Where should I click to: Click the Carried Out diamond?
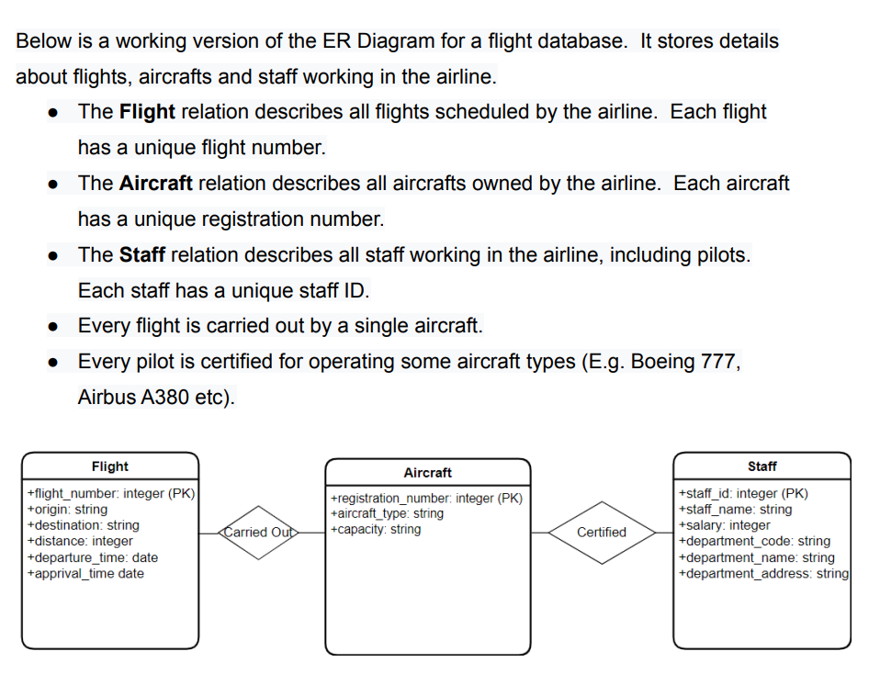(258, 532)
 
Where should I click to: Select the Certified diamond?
(602, 532)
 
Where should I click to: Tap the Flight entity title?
(110, 466)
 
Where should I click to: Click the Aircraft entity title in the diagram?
(427, 472)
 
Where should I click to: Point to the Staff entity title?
(762, 466)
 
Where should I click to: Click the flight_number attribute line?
(111, 493)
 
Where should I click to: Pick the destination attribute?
(84, 525)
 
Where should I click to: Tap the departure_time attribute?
(93, 557)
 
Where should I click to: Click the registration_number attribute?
(425, 498)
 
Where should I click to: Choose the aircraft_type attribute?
(386, 513)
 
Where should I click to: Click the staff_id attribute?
(742, 493)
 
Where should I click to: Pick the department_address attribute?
(763, 573)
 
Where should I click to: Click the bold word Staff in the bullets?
(141, 254)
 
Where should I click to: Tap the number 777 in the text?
(719, 362)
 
